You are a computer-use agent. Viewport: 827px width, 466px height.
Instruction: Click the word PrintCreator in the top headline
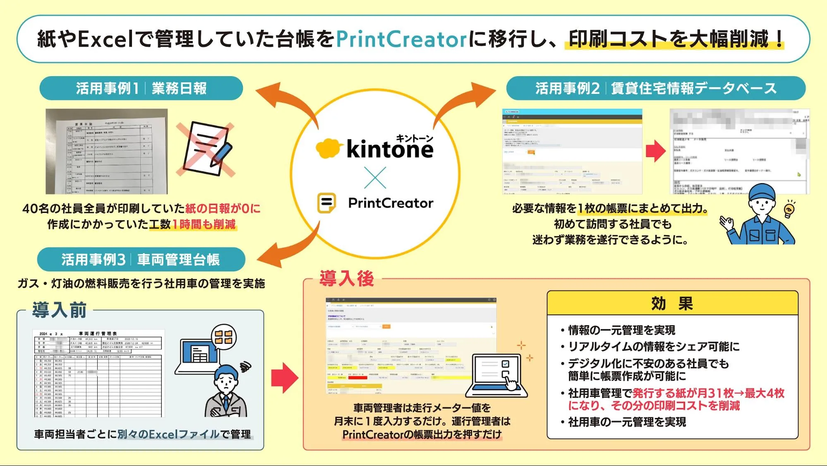401,39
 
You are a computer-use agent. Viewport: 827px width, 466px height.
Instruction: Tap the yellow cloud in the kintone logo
328,148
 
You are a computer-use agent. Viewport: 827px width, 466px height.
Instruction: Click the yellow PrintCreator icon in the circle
326,203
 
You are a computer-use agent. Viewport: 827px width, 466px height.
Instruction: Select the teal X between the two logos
375,177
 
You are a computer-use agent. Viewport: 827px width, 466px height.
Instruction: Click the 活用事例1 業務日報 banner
141,88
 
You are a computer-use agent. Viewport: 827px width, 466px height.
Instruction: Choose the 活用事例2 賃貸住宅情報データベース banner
656,88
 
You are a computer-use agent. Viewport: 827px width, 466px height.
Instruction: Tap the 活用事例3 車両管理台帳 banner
141,260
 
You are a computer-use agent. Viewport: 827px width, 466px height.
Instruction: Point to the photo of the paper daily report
107,152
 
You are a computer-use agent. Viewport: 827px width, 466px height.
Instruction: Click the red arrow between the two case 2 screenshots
656,151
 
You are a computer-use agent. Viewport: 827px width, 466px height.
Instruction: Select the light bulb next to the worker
789,209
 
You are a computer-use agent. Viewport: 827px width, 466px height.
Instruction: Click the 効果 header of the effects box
672,304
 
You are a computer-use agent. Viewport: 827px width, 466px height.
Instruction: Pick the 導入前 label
60,310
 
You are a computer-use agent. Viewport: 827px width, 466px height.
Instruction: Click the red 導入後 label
347,278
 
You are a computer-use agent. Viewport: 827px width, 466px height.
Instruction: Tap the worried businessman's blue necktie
226,402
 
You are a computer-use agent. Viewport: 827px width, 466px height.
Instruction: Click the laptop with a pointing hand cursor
496,375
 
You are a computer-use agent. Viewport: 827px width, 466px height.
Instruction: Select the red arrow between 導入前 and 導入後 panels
285,377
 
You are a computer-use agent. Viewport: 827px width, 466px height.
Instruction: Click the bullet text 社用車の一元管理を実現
627,422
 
